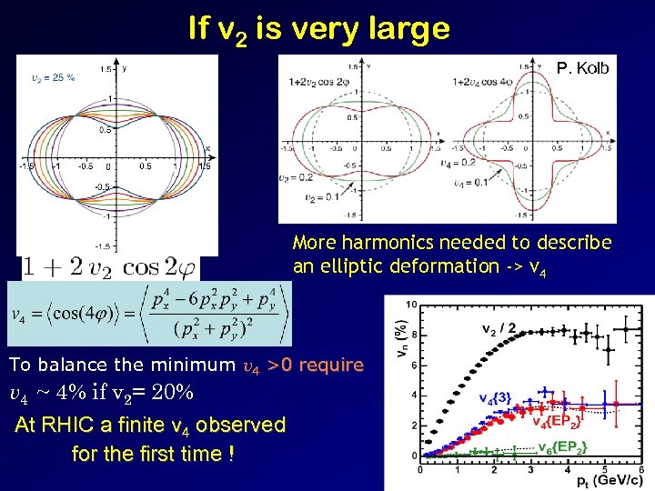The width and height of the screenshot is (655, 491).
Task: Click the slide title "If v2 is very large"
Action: coord(318,29)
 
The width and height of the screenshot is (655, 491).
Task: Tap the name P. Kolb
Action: coord(582,68)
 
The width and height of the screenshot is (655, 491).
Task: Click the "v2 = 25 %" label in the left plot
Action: coord(53,77)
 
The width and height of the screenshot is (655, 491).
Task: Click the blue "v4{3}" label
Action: coord(499,397)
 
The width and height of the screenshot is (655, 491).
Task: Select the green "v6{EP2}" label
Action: coord(561,446)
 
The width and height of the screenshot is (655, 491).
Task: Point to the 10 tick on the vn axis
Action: coord(412,305)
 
